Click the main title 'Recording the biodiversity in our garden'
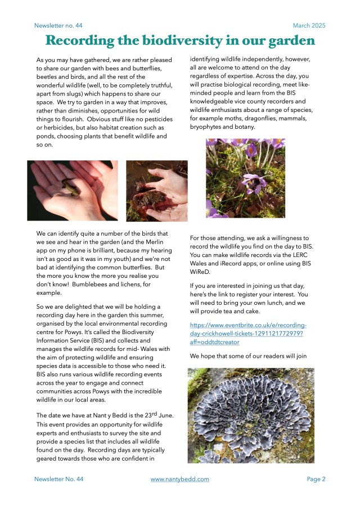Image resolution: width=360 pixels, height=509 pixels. [x=180, y=41]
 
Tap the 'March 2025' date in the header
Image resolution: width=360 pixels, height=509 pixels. [x=309, y=26]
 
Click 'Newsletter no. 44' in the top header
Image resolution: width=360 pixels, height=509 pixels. [x=58, y=26]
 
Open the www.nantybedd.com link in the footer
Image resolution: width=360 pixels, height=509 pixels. [x=180, y=479]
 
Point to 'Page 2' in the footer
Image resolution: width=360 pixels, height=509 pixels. [x=316, y=479]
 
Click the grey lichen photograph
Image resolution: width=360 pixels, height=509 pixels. [x=251, y=416]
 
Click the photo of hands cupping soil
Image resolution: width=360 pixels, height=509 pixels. [x=156, y=191]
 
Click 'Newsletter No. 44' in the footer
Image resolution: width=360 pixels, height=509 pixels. [x=58, y=479]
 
